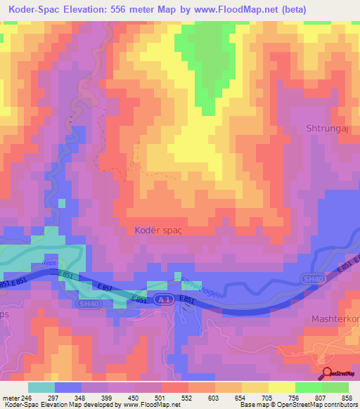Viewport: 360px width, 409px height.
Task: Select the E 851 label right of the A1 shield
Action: tap(187, 300)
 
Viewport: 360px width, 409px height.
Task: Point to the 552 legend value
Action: tap(186, 398)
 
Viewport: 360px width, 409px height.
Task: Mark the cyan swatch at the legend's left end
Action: tap(41, 387)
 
